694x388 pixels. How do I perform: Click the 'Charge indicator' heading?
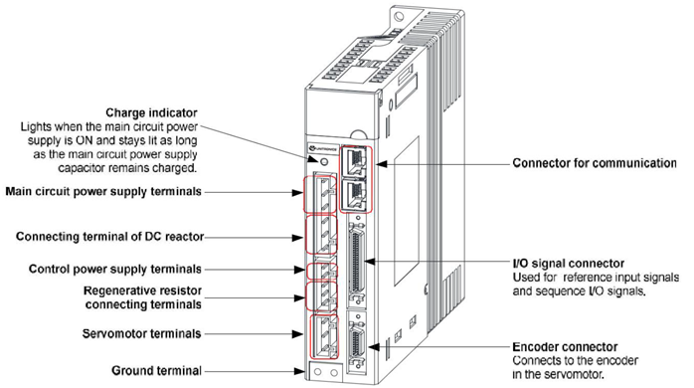coord(151,112)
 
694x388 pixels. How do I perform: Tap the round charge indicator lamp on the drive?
coord(324,161)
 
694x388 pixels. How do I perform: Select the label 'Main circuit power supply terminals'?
coord(103,191)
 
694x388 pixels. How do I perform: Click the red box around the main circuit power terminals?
coord(320,194)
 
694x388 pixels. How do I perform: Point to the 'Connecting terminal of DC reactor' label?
coord(109,237)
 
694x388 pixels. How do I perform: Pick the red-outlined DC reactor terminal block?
coord(321,235)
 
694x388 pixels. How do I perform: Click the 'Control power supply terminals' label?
coord(115,269)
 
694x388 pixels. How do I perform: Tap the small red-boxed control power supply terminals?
coord(322,271)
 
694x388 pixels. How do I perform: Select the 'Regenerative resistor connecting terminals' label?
coord(143,297)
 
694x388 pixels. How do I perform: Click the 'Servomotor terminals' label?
coord(141,333)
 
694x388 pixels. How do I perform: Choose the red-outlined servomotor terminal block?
coord(324,336)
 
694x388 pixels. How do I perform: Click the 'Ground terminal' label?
coord(156,370)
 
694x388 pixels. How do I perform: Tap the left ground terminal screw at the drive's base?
coord(317,372)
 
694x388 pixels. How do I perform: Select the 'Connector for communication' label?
coord(595,163)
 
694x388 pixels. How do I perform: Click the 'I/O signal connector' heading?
coord(569,264)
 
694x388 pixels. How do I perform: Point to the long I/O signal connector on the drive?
coord(357,264)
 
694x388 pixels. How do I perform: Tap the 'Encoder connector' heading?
coord(565,346)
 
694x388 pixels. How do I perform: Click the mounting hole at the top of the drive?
coord(399,17)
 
